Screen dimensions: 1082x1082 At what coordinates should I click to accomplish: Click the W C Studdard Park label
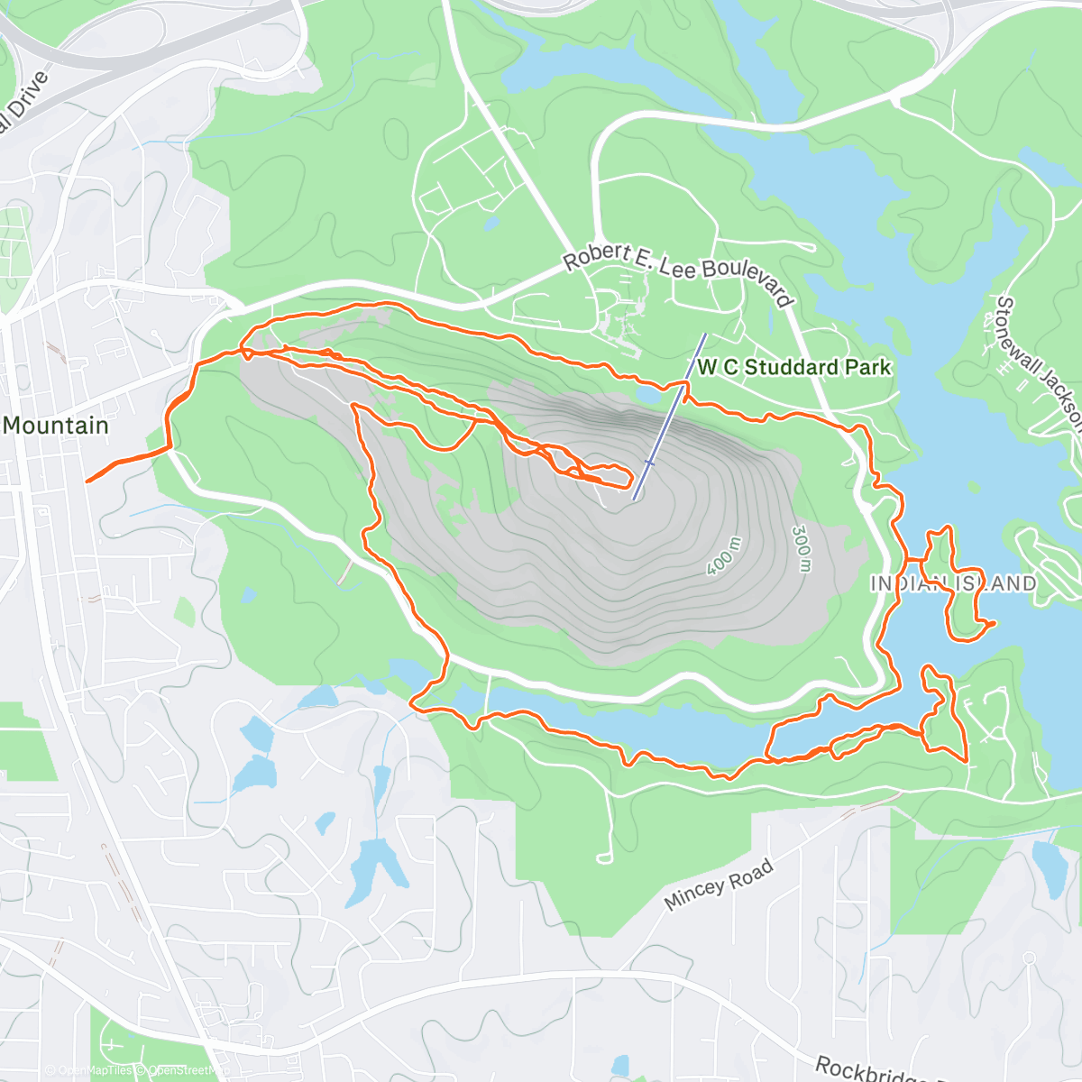tap(793, 367)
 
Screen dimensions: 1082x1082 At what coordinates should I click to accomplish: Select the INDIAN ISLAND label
tap(953, 583)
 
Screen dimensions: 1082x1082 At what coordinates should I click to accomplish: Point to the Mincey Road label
tap(719, 885)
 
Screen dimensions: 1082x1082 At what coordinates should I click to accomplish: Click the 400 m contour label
tap(724, 556)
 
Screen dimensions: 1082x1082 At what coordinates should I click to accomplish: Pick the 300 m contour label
tap(802, 549)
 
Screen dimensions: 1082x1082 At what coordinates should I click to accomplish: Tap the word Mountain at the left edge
tap(56, 426)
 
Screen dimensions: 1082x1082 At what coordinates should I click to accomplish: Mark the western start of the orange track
tap(87, 481)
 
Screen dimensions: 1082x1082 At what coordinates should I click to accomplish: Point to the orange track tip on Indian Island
tap(993, 622)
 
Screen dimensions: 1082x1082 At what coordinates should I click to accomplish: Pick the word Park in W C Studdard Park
tap(867, 367)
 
